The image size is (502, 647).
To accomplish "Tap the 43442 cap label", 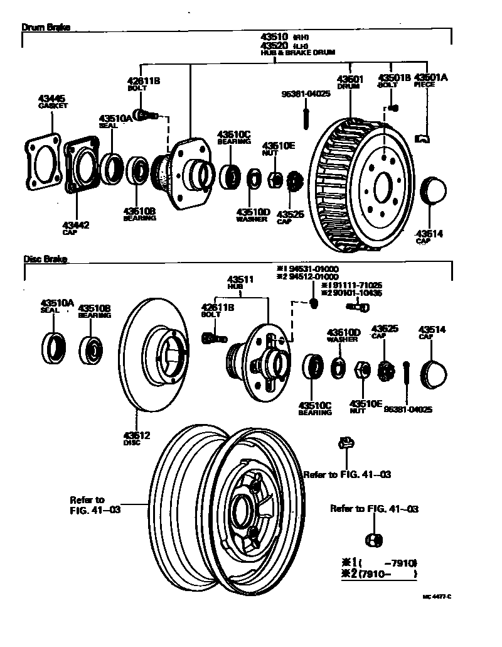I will click(76, 224).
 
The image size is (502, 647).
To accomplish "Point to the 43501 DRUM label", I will click(350, 79).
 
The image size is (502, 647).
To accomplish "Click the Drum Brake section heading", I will click(46, 28).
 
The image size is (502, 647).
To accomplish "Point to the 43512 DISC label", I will click(136, 435).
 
